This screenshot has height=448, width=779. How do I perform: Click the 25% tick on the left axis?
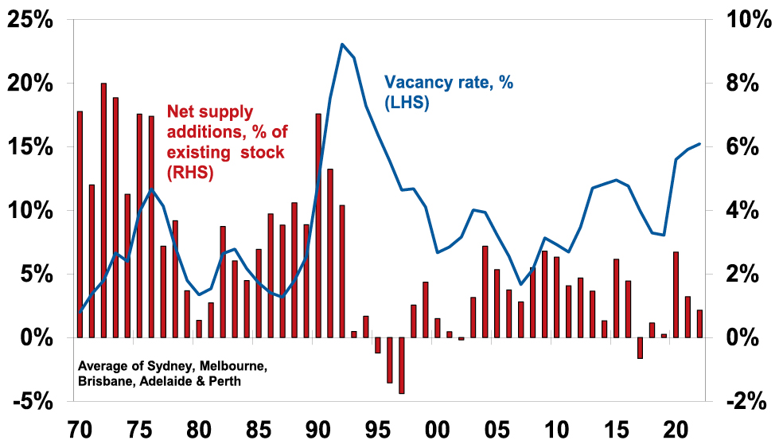click(30, 20)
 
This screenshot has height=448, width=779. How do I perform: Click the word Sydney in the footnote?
click(158, 367)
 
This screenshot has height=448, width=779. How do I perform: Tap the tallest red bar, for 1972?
click(103, 210)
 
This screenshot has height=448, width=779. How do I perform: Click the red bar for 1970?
click(80, 224)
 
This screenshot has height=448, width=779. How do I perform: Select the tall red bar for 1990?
click(318, 226)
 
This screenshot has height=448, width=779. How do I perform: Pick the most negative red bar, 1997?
click(402, 366)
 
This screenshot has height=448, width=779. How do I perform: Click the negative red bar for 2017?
click(640, 349)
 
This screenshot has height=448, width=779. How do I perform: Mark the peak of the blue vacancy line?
click(342, 45)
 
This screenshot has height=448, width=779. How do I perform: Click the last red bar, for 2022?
click(699, 324)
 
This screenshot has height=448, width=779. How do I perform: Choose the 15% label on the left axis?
click(30, 147)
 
